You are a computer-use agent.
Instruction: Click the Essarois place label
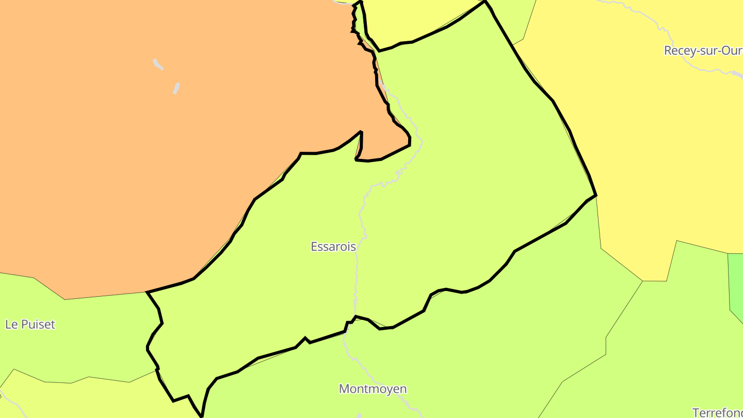click(x=333, y=247)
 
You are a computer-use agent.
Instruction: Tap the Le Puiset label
click(x=30, y=325)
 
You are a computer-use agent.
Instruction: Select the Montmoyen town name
click(x=373, y=389)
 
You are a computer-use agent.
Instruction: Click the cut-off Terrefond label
click(x=717, y=412)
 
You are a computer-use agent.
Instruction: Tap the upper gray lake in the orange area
click(x=158, y=65)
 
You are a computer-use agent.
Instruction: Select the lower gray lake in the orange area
click(x=176, y=88)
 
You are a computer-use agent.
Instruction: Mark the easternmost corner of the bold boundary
click(x=596, y=196)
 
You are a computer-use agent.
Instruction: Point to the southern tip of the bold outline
click(x=202, y=416)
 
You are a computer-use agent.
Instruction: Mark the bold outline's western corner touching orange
click(x=148, y=292)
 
